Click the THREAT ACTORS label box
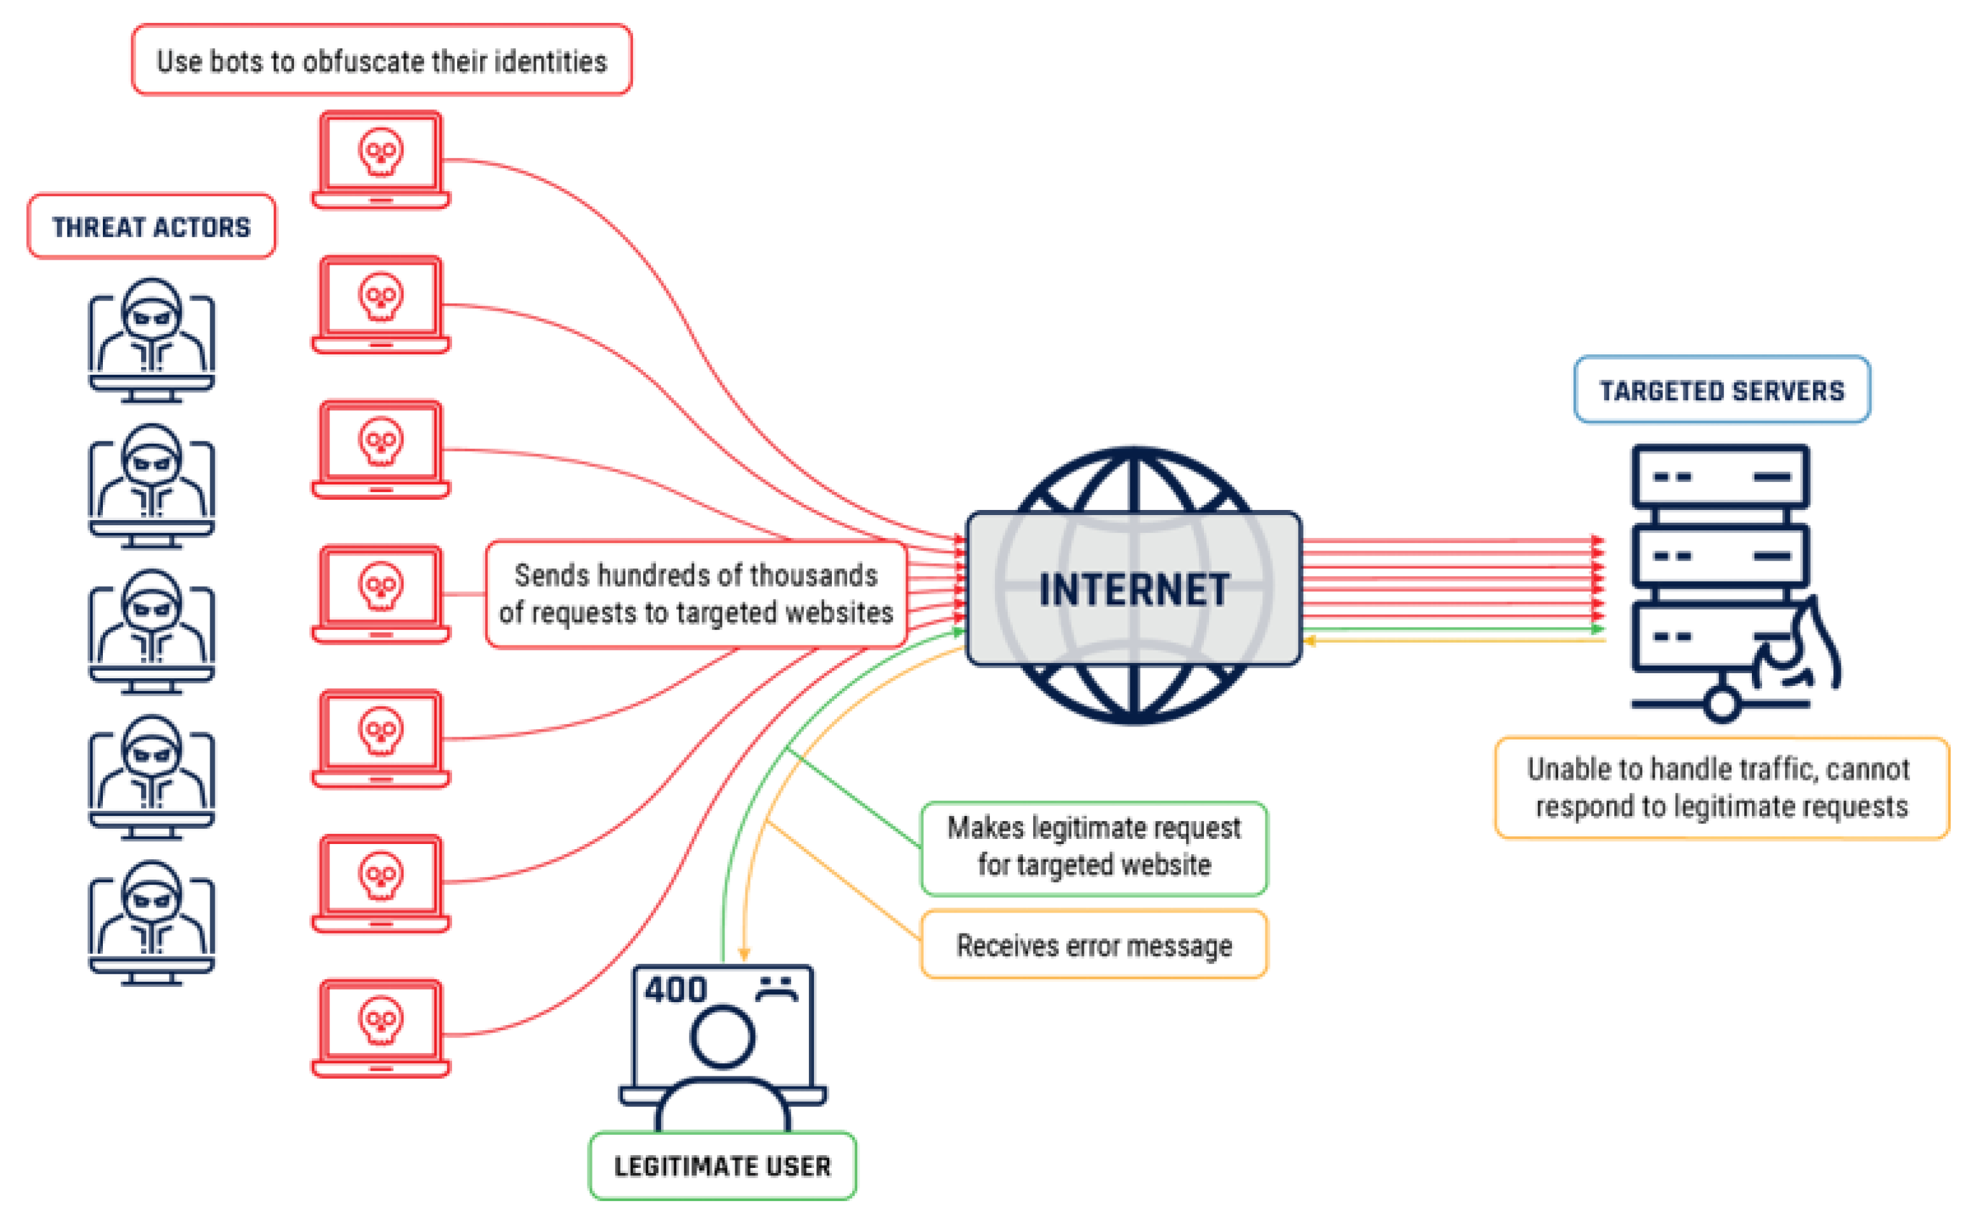pos(152,227)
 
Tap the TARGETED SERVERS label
pos(1721,391)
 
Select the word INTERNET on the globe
pos(1133,590)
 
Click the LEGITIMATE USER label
pos(722,1166)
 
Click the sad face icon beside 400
pos(776,988)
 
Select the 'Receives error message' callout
pos(1093,945)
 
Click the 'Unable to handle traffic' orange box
pos(1721,788)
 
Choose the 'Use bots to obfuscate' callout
pos(382,60)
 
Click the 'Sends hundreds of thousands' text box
pos(695,594)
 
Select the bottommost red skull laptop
pos(381,1028)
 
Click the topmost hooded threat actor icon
pos(152,340)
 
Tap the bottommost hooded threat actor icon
pos(152,922)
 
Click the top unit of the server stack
pos(1720,477)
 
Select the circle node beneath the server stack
pos(1721,704)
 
